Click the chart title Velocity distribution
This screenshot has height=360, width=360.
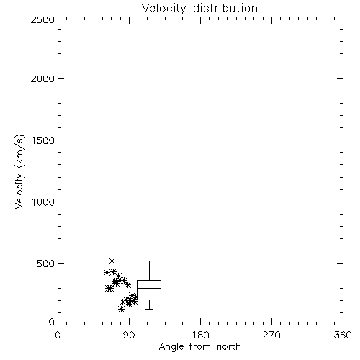click(199, 9)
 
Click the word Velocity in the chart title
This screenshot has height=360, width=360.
click(164, 9)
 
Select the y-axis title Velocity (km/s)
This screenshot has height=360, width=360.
click(19, 171)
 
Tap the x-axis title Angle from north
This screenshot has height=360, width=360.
click(199, 347)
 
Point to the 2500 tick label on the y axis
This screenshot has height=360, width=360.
click(42, 19)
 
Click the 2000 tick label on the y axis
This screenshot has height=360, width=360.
click(42, 78)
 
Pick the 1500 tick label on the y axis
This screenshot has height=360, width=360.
click(43, 140)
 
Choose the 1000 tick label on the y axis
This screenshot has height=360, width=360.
click(43, 202)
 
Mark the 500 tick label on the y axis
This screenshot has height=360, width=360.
click(46, 264)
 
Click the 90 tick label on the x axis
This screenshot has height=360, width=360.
click(130, 335)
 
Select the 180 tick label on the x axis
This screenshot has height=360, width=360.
click(200, 335)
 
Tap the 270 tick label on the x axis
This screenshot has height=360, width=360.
click(271, 335)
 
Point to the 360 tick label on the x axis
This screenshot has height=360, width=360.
click(343, 335)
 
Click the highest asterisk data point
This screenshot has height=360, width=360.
click(112, 261)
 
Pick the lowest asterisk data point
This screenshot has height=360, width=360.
click(122, 310)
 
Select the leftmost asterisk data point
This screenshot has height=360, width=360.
click(107, 272)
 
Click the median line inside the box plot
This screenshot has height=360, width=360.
click(149, 288)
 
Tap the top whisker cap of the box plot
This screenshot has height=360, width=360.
click(149, 261)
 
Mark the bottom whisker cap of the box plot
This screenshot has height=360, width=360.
click(149, 309)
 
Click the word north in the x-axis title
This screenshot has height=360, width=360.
click(229, 346)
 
